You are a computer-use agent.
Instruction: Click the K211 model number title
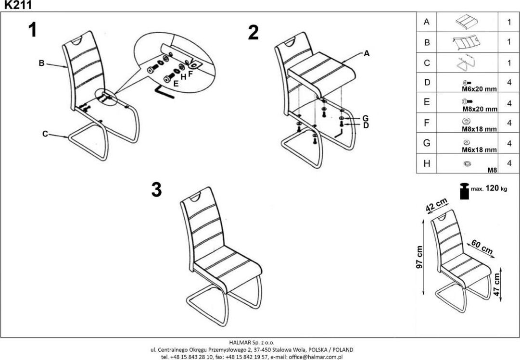[x=16, y=5]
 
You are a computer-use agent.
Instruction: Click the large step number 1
[x=32, y=30]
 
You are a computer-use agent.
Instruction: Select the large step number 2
[x=253, y=33]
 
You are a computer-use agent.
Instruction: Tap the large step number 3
[x=156, y=190]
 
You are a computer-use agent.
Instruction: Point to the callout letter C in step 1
[x=45, y=134]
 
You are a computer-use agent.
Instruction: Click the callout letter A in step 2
[x=367, y=54]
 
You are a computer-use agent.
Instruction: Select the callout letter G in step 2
[x=365, y=118]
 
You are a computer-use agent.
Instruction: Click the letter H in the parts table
[x=426, y=163]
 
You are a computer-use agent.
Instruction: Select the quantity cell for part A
[x=508, y=22]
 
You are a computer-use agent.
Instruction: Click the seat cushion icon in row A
[x=466, y=22]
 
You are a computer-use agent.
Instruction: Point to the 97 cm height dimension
[x=419, y=258]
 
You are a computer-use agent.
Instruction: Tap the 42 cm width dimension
[x=436, y=205]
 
